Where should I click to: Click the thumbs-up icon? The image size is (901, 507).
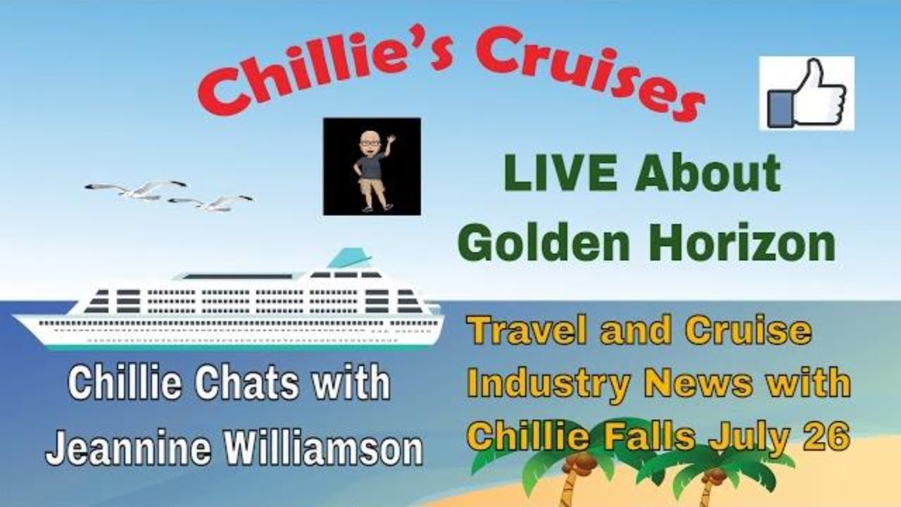(x=807, y=93)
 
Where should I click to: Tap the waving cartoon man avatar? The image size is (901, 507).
(x=372, y=166)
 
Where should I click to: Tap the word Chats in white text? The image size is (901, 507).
(x=246, y=384)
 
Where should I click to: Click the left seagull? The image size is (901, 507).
(x=137, y=189)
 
